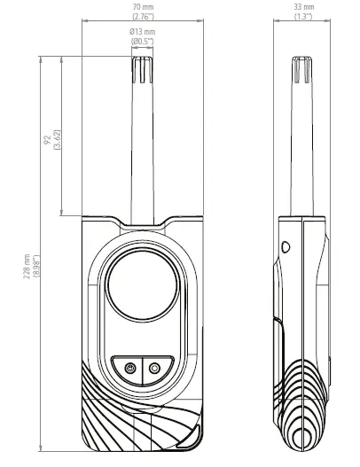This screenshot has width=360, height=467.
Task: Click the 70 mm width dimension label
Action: click(141, 8)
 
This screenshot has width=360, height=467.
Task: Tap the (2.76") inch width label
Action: click(141, 18)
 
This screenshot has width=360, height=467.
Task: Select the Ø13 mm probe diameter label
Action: click(141, 34)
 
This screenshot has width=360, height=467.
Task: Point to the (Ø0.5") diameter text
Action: click(141, 43)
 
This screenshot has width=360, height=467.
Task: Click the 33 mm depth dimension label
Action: click(304, 8)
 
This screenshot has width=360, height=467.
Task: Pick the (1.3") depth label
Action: click(304, 18)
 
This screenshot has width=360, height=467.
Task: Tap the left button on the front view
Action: click(129, 368)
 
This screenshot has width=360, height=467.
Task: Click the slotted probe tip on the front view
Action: click(142, 70)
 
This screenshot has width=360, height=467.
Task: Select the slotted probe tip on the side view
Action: click(302, 71)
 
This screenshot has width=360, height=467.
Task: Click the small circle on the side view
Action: click(286, 247)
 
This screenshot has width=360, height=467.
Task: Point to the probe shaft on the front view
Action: click(142, 151)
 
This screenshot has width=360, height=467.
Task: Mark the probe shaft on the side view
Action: click(302, 151)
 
